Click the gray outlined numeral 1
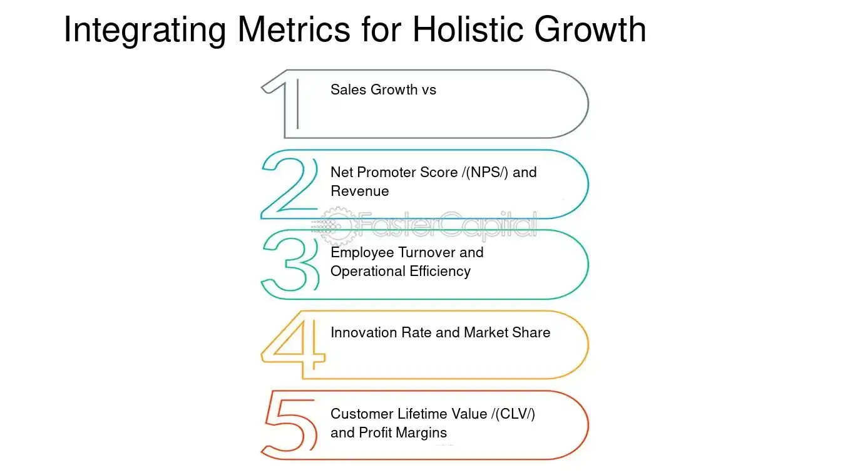[285, 103]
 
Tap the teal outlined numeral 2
[290, 185]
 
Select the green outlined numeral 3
[289, 264]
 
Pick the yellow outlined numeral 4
[293, 344]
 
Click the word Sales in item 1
[349, 89]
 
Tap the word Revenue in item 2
[359, 191]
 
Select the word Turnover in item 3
[425, 252]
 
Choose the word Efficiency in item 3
[439, 271]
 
